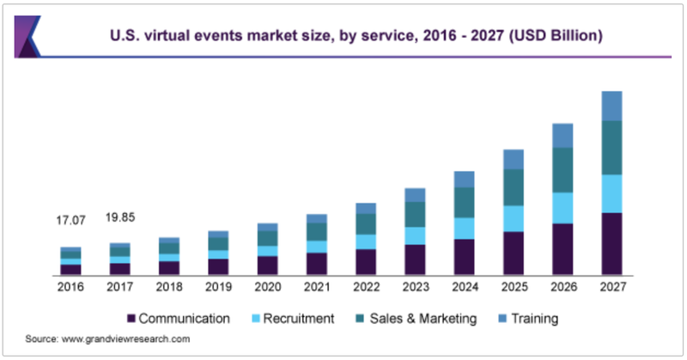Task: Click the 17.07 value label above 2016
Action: (71, 221)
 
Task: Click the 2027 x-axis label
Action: (611, 287)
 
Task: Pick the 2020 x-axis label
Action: (268, 287)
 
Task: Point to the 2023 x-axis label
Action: (415, 287)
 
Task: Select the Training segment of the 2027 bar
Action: (611, 106)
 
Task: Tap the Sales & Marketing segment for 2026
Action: (562, 169)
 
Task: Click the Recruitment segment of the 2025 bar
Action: (514, 218)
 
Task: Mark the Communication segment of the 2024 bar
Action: (464, 256)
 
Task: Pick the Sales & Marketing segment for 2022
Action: (366, 223)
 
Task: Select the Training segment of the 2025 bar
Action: (514, 159)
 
